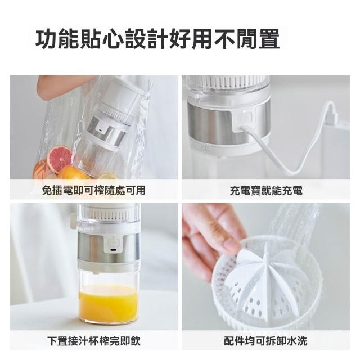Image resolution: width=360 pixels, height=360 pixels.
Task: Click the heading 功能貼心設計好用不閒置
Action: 157,39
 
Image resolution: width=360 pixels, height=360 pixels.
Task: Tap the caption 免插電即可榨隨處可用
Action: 94,190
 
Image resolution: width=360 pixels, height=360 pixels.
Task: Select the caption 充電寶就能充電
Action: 266,191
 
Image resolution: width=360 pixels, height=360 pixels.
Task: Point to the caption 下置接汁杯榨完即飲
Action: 94,341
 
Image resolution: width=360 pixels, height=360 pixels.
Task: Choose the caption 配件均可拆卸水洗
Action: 265,341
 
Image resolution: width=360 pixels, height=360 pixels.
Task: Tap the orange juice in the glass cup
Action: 109,303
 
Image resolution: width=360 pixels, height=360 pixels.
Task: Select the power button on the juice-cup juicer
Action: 112,242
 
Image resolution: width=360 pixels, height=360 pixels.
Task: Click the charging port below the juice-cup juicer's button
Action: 112,250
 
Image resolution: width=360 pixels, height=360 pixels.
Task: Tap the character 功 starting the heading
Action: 46,39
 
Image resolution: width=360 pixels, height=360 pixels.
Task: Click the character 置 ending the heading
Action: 269,39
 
